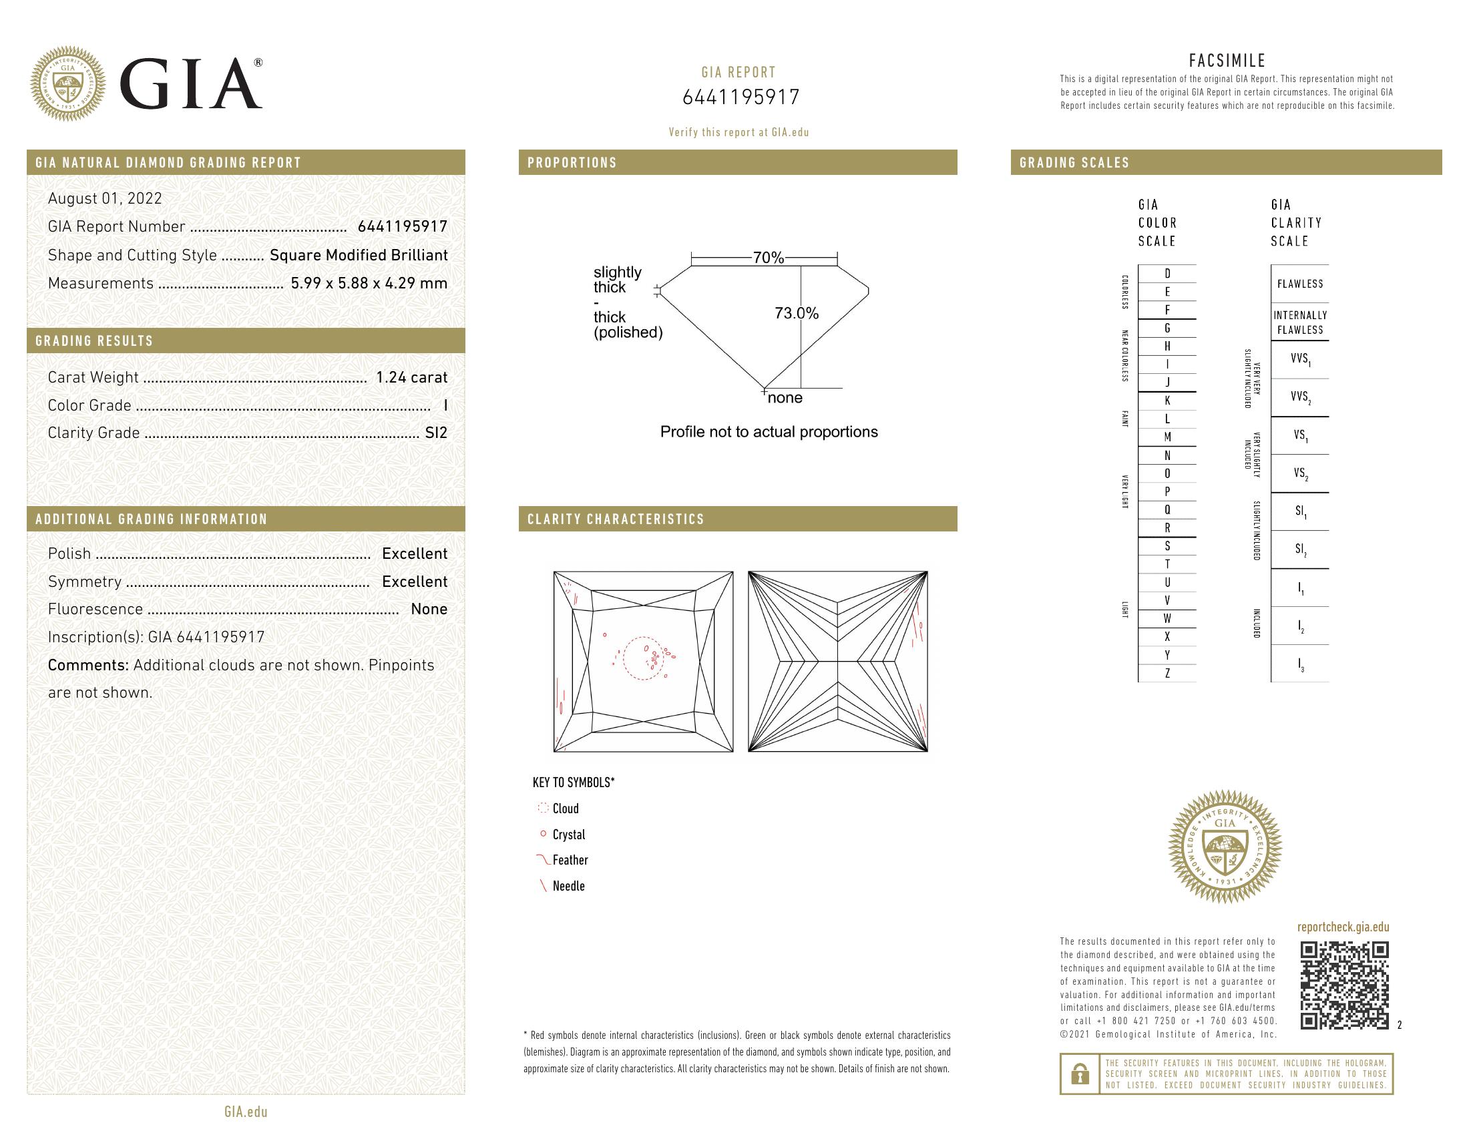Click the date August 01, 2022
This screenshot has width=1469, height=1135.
[105, 198]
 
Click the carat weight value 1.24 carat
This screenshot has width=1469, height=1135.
[411, 377]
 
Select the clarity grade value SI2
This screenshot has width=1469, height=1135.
[436, 433]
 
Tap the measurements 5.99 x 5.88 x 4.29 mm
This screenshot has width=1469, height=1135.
[369, 283]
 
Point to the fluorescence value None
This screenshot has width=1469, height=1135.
[429, 609]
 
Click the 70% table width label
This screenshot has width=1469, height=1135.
[768, 258]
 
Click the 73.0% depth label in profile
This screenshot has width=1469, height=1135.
[797, 313]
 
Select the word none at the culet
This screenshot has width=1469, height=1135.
[785, 398]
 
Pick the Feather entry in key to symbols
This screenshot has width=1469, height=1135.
[569, 860]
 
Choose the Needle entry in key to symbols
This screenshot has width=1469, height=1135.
[568, 886]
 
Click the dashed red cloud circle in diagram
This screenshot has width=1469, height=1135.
[643, 658]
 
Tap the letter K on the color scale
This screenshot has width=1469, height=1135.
[1167, 401]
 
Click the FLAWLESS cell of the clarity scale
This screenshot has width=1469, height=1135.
[1299, 284]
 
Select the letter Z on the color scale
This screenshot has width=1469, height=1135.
[1167, 673]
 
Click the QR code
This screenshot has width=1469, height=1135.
[1343, 985]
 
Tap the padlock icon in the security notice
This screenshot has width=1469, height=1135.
[1080, 1074]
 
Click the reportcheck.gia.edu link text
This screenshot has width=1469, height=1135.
[1343, 927]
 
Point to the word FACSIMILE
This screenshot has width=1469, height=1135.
[1227, 61]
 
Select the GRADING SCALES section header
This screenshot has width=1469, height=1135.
[1074, 163]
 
